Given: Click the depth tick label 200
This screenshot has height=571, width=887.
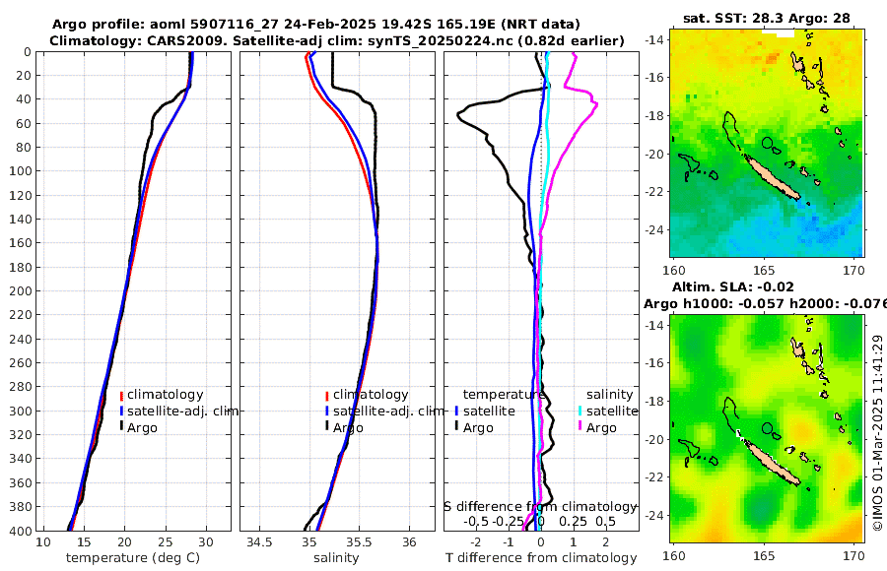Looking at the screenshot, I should tap(20, 291).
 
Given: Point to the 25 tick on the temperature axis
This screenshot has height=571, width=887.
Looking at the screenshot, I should tap(165, 542).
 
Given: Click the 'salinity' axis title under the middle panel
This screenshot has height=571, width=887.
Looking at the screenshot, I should tap(335, 558).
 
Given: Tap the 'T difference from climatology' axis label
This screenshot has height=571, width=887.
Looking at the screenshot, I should tap(541, 558).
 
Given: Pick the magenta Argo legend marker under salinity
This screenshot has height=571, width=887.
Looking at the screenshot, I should tap(580, 427).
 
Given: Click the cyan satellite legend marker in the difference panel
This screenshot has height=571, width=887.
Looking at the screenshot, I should tap(580, 411).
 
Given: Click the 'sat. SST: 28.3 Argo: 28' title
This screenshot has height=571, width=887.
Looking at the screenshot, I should tap(767, 18).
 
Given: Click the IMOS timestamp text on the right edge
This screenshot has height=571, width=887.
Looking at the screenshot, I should tap(877, 433).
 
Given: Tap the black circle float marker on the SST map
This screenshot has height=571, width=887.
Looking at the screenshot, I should tap(768, 143).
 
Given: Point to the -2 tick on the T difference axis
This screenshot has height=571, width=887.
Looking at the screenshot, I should tap(476, 542).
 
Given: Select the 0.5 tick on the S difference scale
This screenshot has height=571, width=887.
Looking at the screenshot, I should tap(605, 521).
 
